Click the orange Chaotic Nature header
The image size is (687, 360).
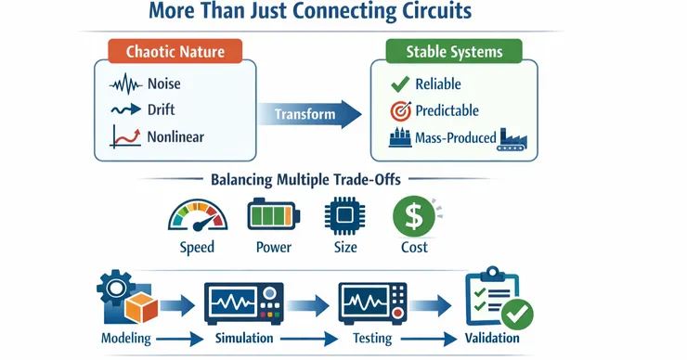pos(175,51)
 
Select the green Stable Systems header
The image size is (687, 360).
pos(454,52)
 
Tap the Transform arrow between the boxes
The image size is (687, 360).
pos(310,114)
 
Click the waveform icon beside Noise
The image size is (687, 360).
pos(126,84)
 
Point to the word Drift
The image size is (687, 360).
pos(162,109)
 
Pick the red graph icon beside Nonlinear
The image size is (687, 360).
pos(125,136)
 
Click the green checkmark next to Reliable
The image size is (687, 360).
pos(400,84)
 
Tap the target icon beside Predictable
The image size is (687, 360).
pos(400,110)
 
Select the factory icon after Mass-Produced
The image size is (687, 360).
pos(512,139)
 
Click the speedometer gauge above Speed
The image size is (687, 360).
pos(198,215)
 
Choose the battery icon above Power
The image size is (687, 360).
pos(273,214)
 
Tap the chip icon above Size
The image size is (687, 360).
pos(344,214)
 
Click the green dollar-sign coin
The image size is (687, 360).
pos(414,216)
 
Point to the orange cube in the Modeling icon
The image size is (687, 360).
pos(141,307)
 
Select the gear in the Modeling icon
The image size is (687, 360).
pos(115,288)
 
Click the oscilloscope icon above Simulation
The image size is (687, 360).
pos(243,303)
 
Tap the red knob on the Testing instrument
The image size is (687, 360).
pos(398,313)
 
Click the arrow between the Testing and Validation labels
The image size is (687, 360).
pos(429,339)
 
